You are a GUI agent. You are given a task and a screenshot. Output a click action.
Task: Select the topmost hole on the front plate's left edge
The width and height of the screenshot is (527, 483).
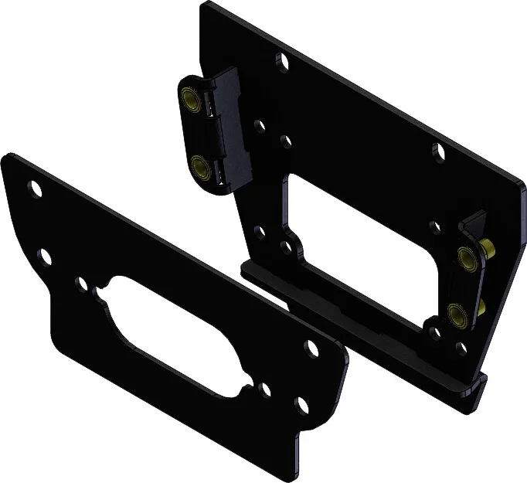[34, 186]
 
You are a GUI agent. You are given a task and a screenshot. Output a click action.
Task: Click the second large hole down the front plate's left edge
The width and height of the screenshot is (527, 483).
[45, 256]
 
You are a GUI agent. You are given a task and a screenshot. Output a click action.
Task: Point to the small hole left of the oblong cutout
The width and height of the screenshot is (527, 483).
[82, 284]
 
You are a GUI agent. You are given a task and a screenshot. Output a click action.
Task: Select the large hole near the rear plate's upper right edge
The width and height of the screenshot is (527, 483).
[438, 151]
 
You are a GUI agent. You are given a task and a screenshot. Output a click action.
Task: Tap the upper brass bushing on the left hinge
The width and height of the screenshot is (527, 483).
[189, 99]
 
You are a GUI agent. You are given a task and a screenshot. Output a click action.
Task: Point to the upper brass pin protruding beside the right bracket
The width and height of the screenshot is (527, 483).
[489, 248]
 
